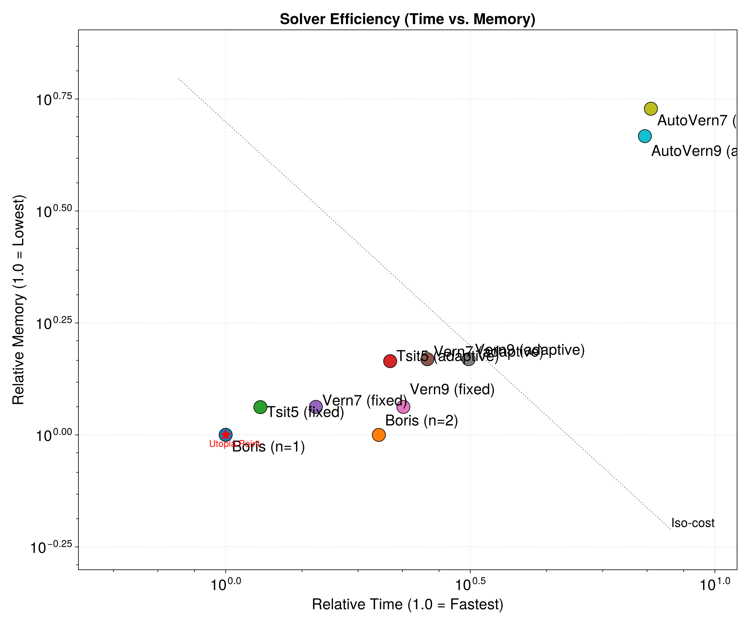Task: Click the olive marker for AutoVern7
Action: coord(651,109)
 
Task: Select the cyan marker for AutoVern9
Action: coord(645,136)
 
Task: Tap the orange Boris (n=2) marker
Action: coord(379,435)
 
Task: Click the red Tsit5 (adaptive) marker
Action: coord(390,361)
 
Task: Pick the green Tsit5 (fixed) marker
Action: coord(261,407)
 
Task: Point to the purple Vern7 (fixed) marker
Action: coord(316,406)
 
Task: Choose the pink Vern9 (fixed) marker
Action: coord(403,406)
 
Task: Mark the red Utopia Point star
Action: coord(226,434)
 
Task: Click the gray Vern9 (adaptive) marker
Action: coord(469,359)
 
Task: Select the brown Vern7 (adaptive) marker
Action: coord(427,359)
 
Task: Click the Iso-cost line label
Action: coord(693,523)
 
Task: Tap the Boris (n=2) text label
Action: coord(421,421)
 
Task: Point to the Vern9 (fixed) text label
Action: coord(452,390)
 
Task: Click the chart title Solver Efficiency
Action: coord(407,19)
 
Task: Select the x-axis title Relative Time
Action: coord(407,605)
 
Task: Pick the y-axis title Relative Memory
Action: coord(18,299)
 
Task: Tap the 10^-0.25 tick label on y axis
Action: coord(52,548)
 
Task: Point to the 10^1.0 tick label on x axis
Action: coord(715,584)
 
